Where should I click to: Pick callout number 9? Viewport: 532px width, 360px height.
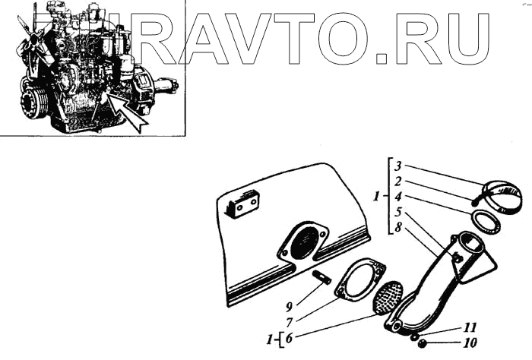pyautogui.click(x=290, y=307)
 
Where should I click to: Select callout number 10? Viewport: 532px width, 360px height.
pyautogui.click(x=470, y=343)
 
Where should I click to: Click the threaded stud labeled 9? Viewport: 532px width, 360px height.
pyautogui.click(x=320, y=276)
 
